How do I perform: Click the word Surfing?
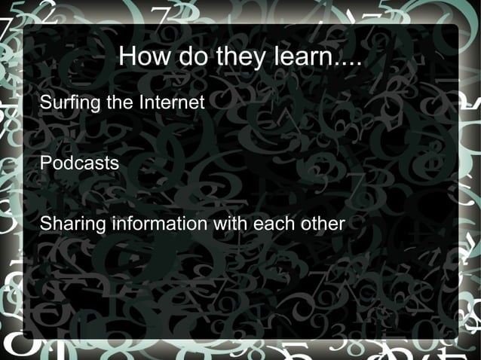coord(70,102)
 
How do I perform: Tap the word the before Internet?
coord(119,102)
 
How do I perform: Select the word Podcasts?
coord(79,163)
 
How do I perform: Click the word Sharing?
coord(72,224)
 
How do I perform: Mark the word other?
coord(323,224)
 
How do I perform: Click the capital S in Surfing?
coord(44,102)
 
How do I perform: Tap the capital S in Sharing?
coord(44,224)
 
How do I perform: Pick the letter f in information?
coord(127,224)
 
